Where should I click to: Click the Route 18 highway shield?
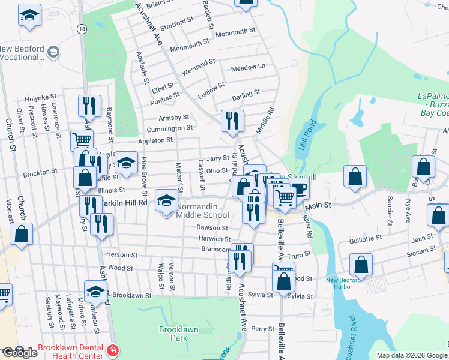point(82,29)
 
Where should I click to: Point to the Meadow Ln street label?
point(248,67)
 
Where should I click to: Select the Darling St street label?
point(246,94)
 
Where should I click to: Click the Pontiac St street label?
point(166,96)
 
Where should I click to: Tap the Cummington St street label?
point(173,128)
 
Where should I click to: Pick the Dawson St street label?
point(212,228)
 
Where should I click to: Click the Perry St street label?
point(262,329)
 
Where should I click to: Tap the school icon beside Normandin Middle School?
point(166,200)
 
